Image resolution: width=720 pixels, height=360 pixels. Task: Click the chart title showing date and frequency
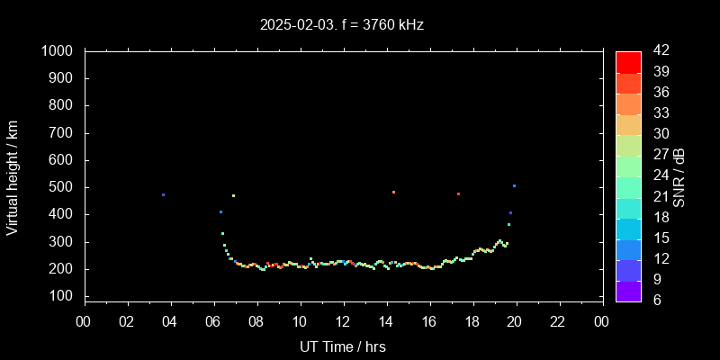[341, 25]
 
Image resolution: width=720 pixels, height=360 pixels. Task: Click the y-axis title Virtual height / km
[13, 176]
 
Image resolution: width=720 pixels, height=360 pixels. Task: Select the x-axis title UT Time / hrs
[342, 346]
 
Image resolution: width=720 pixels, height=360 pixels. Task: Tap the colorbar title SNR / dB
[679, 176]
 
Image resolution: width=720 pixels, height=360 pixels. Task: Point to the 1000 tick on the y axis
[64, 52]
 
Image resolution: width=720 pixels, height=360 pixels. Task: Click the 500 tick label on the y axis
[67, 188]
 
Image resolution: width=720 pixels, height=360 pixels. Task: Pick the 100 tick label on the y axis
[67, 297]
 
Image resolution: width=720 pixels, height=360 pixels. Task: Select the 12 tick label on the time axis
[342, 321]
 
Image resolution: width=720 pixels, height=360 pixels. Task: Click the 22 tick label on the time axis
[558, 321]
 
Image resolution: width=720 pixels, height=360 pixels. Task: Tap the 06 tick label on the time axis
[213, 321]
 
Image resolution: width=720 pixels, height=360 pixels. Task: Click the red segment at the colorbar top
[628, 61]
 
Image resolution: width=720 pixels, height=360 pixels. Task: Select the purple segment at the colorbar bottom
[628, 291]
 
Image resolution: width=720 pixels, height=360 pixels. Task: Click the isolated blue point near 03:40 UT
[163, 194]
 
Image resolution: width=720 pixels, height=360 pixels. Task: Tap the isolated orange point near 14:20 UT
[393, 192]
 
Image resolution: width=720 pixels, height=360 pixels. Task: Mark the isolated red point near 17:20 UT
[458, 193]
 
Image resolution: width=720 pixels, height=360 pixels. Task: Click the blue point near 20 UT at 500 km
[514, 185]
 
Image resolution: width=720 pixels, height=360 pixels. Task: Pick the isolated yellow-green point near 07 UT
[233, 195]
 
